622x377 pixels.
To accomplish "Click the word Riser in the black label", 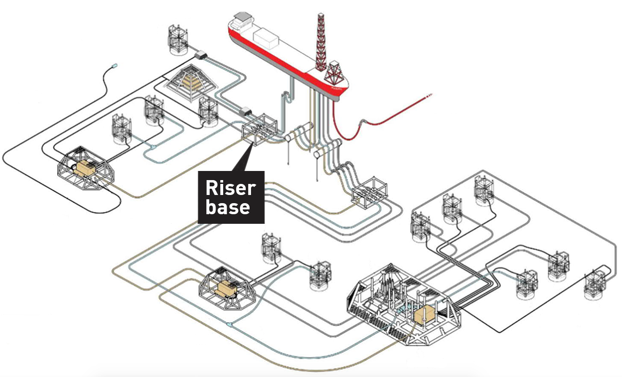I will point(230,188).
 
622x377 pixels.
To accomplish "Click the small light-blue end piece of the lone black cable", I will point(114,65).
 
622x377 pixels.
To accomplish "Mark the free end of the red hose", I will point(430,95).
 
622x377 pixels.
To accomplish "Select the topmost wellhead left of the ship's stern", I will point(178,38).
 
